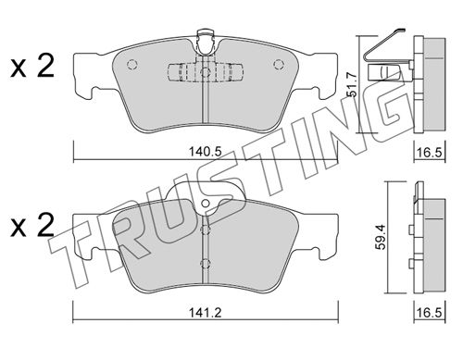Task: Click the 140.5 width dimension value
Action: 206,152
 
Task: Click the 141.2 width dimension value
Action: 206,313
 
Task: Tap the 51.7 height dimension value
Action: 352,84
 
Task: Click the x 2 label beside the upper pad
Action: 32,66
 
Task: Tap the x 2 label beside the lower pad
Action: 32,226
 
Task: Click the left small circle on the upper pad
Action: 132,64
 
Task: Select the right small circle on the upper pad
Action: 279,64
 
